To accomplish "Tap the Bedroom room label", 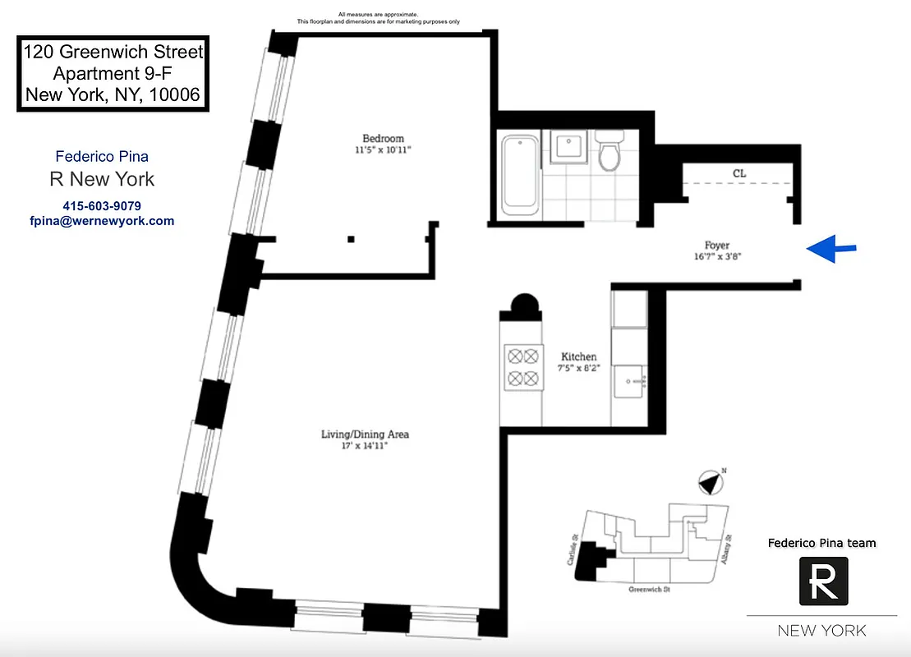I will click(384, 138).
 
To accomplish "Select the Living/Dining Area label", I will click(365, 434).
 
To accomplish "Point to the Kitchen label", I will click(578, 356).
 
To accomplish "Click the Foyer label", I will click(716, 245).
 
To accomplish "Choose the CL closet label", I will click(739, 173).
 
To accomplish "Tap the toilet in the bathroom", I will click(610, 150).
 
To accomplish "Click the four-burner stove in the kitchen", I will click(522, 367).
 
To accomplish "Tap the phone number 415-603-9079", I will click(102, 205).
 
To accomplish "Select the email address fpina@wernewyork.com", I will click(101, 221).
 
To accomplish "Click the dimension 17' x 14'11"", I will click(365, 446).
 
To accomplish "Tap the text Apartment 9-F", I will click(112, 74).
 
